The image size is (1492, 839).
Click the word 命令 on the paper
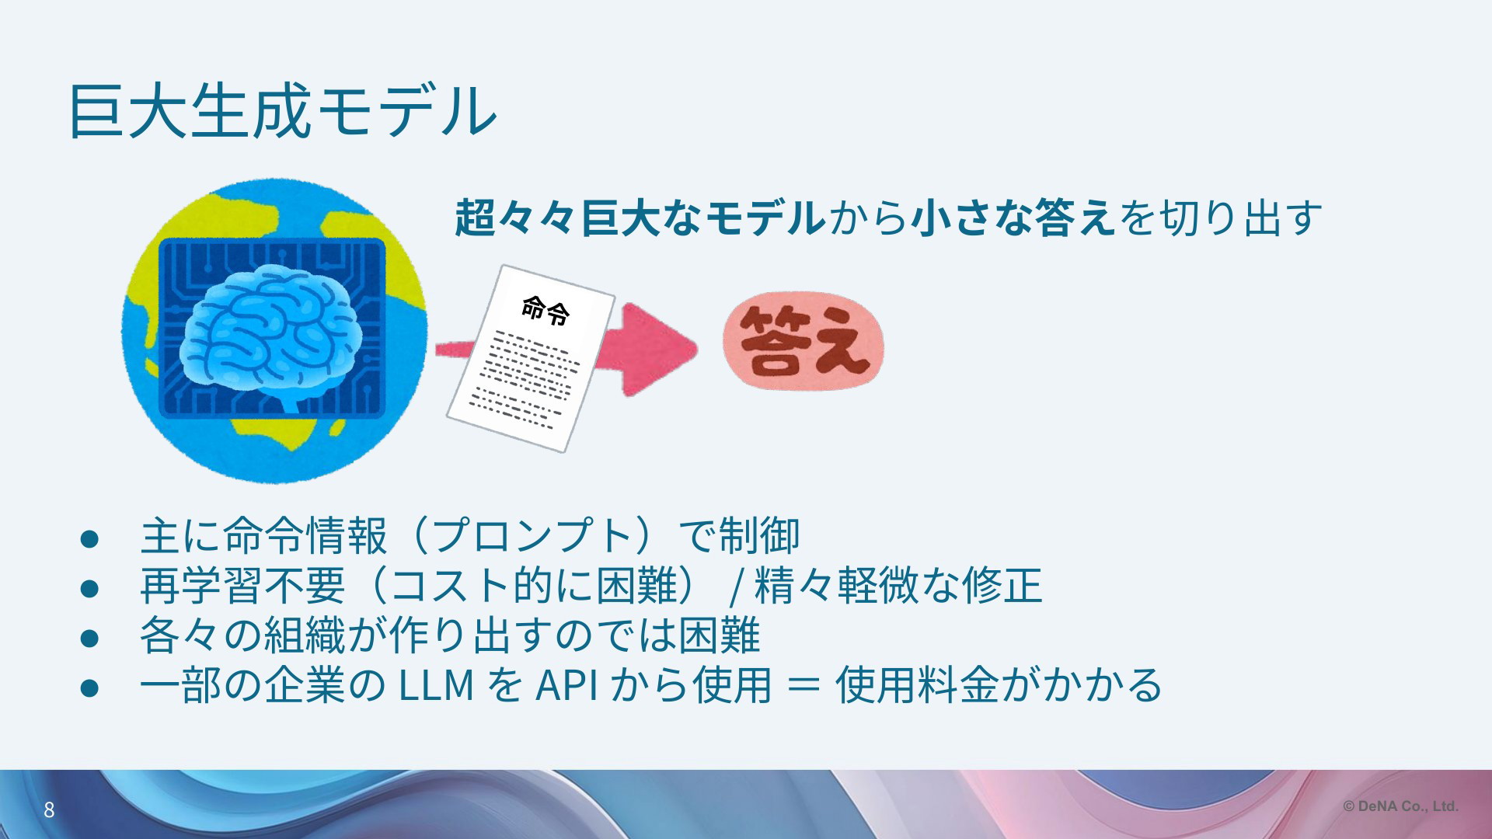point(546,310)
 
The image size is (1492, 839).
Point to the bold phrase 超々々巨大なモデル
point(640,218)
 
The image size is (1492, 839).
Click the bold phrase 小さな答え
point(1014,218)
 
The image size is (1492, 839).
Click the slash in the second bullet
point(734,587)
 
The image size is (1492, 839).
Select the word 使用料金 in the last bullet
point(917,684)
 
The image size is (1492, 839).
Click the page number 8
point(49,810)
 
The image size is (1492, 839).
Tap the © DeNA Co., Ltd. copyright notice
point(1401,806)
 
